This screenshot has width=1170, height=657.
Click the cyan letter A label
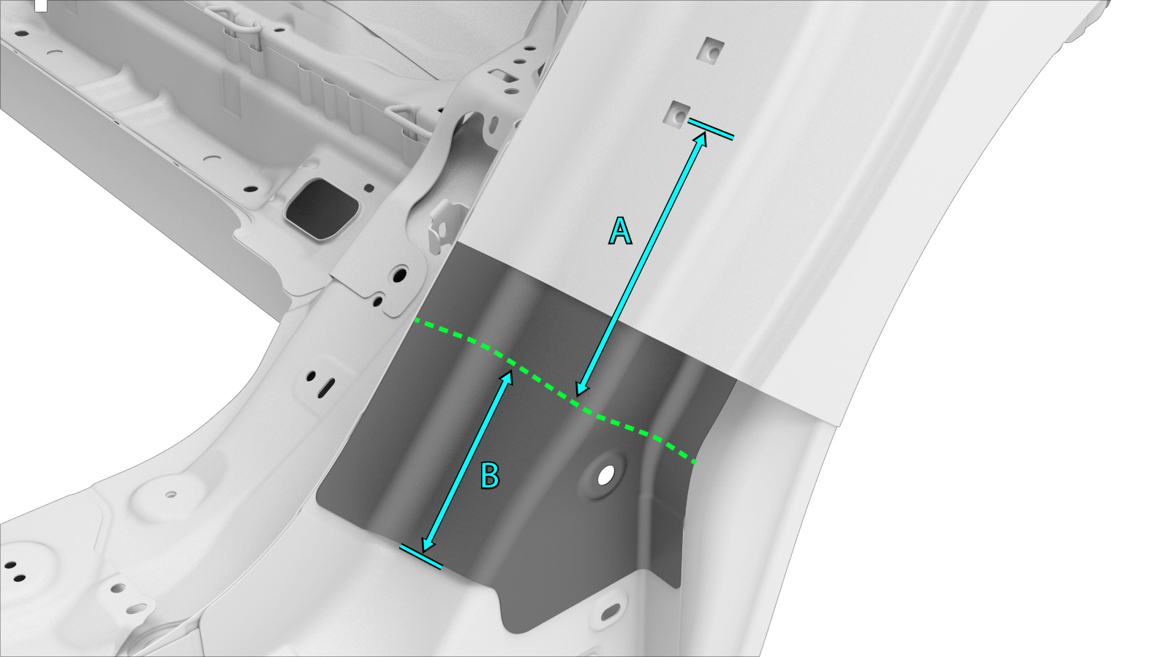[x=620, y=232]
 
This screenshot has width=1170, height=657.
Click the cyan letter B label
[x=489, y=476]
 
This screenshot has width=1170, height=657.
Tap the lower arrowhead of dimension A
[x=582, y=388]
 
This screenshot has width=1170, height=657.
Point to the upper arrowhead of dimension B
[x=507, y=378]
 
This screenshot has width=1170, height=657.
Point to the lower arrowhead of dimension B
[x=428, y=544]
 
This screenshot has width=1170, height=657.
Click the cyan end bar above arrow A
[x=710, y=129]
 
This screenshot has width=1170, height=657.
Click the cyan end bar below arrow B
[x=421, y=556]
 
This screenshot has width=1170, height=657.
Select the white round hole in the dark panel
[x=606, y=476]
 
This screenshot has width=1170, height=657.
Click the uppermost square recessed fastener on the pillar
[x=712, y=50]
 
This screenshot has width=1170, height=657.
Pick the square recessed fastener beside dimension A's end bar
[x=676, y=114]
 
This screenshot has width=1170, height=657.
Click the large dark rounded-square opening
[x=322, y=209]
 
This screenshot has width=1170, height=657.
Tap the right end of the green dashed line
[x=695, y=462]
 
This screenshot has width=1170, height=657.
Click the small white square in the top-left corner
[x=41, y=5]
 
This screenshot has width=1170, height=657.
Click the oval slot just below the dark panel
[x=610, y=612]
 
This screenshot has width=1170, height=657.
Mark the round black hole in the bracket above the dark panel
[x=399, y=275]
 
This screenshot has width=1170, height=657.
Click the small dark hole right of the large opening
[x=369, y=188]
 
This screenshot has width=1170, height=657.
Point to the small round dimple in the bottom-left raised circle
[x=170, y=493]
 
